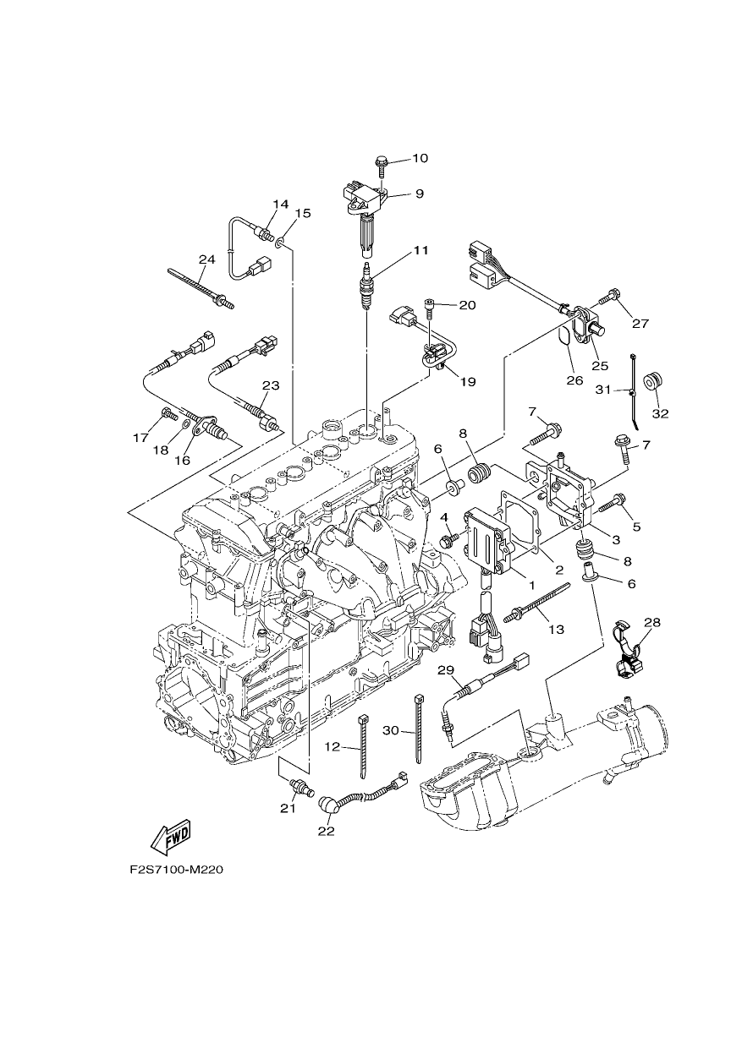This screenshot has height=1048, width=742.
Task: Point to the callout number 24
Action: point(206,259)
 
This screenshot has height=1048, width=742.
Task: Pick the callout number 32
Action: point(660,413)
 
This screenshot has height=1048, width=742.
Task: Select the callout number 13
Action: point(557,630)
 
